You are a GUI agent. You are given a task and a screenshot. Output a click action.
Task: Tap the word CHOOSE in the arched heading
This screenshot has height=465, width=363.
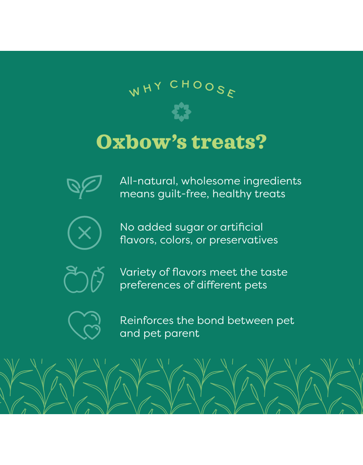(x=203, y=87)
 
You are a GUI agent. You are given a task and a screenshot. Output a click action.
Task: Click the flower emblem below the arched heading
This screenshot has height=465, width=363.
(x=181, y=111)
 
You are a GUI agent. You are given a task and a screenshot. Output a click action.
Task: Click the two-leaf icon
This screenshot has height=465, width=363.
(x=84, y=187)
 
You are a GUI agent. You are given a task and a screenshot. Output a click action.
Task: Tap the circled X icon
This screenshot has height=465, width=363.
(x=84, y=233)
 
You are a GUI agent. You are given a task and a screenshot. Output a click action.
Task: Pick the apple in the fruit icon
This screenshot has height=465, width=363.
(x=76, y=280)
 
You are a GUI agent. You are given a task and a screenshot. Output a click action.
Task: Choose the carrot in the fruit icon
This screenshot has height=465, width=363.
(x=97, y=279)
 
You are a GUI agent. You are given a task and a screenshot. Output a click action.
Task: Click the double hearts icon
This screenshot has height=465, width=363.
(x=84, y=325)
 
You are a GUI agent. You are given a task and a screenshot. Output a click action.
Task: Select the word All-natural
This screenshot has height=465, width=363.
(x=148, y=181)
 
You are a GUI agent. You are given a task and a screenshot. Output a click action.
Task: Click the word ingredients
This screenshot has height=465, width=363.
(x=272, y=181)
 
